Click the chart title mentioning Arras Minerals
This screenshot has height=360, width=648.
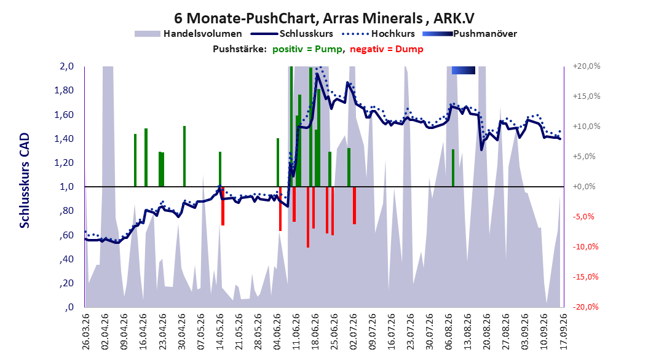324,18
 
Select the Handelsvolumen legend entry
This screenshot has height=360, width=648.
189,34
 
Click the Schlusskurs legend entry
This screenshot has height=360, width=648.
292,34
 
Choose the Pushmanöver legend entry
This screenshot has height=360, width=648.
470,34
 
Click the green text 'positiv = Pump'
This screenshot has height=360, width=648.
307,49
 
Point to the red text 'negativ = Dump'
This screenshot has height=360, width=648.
387,49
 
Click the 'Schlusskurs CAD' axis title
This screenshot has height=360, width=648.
25,181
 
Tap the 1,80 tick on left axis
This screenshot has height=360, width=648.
64,90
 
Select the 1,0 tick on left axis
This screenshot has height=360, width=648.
67,187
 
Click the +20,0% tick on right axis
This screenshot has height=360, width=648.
587,66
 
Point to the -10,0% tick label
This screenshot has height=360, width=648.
585,247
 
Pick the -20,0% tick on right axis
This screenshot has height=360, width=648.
585,307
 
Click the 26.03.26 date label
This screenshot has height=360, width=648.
85,332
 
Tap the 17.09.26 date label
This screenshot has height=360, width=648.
563,332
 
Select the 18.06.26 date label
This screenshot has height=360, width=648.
315,332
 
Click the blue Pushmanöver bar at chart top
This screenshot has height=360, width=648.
464,70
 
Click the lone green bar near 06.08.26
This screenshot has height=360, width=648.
453,168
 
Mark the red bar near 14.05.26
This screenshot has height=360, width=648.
223,206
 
